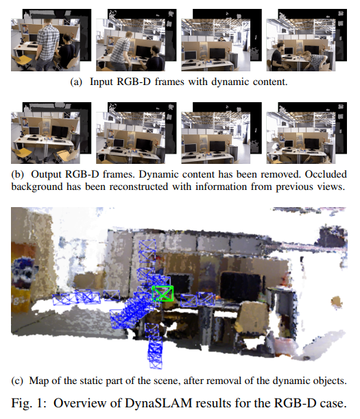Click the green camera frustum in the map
163,294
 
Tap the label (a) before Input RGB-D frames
76,82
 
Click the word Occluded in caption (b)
326,174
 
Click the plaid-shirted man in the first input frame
47,45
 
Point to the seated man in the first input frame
67,53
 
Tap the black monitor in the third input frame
217,54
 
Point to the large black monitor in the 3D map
241,287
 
